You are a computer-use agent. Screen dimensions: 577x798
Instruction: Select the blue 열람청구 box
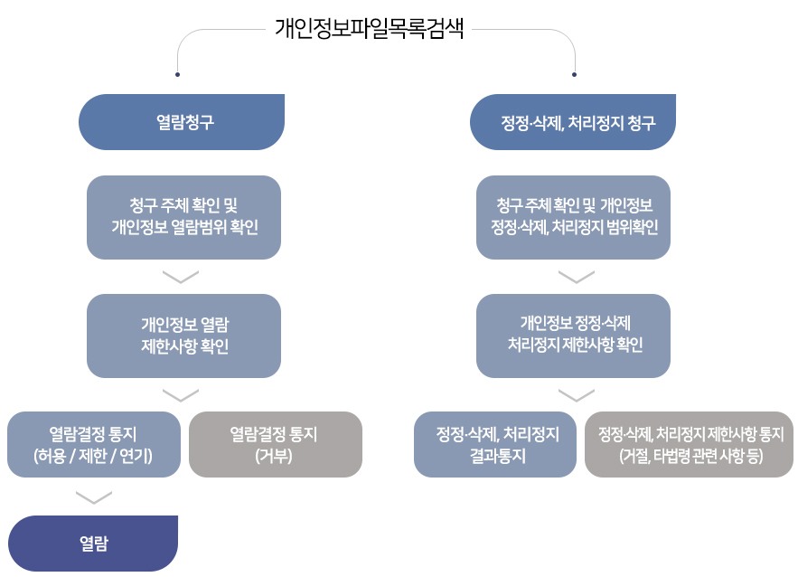(182, 122)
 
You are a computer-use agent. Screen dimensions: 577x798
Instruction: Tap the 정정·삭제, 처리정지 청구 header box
(573, 122)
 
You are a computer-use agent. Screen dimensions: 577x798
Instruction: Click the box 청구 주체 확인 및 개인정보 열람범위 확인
(183, 217)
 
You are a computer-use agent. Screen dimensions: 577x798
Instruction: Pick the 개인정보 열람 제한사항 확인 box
(183, 336)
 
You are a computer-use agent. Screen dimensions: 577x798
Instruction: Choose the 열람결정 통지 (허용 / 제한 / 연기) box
(93, 444)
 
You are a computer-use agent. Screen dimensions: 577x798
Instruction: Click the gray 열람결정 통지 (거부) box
(275, 444)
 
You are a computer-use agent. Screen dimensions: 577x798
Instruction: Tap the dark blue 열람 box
(93, 544)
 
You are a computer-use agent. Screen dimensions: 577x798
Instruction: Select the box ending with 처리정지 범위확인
(573, 217)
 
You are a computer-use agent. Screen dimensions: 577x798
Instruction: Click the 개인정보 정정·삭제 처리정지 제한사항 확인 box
(573, 336)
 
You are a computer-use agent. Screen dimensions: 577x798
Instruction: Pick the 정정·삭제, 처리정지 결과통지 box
(495, 444)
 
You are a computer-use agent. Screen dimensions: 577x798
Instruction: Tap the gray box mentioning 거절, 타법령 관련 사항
(689, 444)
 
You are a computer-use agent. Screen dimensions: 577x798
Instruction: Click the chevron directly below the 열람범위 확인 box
(181, 276)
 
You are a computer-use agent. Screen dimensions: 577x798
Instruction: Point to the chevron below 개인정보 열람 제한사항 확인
(181, 394)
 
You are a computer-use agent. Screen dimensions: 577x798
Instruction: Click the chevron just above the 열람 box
(94, 497)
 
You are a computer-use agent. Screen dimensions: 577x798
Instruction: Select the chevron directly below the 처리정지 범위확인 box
(576, 276)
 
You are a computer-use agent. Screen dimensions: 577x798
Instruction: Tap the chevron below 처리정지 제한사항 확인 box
(576, 394)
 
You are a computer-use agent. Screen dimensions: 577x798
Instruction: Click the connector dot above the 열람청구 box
(178, 74)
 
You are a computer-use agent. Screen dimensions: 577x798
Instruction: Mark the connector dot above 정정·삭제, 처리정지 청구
(575, 74)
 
